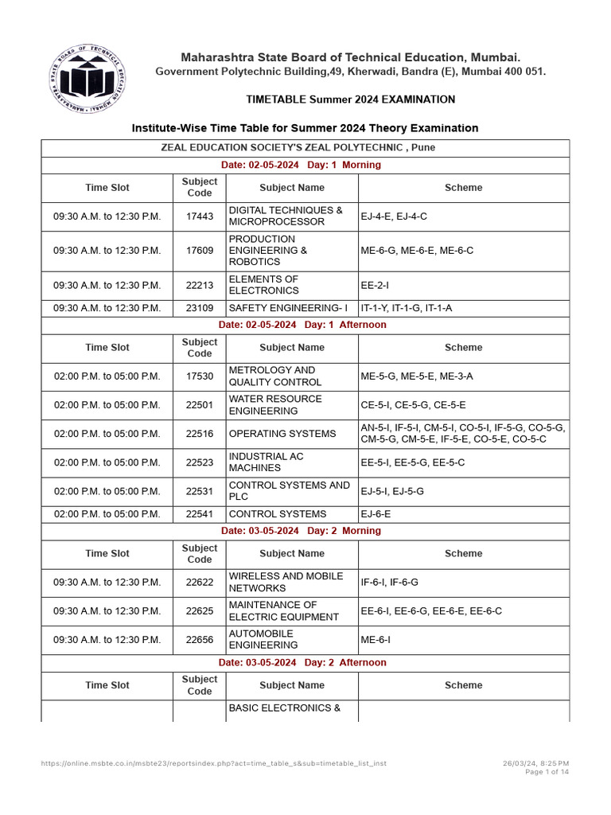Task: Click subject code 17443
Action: (199, 216)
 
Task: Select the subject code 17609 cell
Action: (199, 250)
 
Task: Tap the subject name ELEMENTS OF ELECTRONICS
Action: (263, 285)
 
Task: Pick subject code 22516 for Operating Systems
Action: (199, 434)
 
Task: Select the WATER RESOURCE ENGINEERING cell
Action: (275, 405)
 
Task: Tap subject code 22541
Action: (199, 514)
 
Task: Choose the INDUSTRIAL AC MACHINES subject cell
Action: (266, 462)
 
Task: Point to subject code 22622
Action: (199, 582)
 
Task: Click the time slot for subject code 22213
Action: (107, 285)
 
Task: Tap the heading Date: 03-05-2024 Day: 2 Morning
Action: (301, 531)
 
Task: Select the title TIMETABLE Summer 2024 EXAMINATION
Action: (350, 99)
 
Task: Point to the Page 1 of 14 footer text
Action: (547, 772)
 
